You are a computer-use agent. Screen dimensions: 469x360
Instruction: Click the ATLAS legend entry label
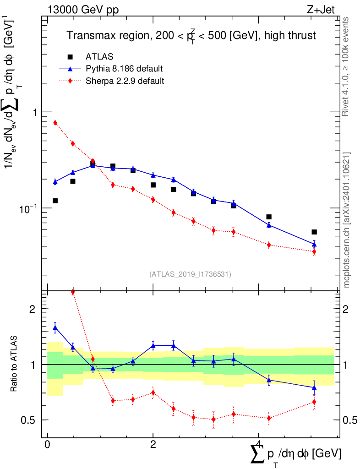point(99,57)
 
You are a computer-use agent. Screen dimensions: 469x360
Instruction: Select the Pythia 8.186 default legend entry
point(124,69)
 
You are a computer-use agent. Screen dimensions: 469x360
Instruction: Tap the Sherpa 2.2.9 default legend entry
point(125,82)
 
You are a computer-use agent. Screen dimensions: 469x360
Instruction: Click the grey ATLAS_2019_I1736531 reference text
point(190,274)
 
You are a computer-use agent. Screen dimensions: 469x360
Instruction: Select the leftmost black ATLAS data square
point(55,201)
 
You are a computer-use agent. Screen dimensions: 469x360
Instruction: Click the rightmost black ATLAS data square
point(314,232)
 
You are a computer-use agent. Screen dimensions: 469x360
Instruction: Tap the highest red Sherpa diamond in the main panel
point(55,123)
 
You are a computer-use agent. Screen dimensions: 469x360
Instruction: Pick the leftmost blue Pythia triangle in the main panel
point(55,182)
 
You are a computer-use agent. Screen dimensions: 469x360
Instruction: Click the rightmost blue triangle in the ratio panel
point(314,387)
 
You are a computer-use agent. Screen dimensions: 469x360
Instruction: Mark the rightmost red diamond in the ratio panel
point(314,402)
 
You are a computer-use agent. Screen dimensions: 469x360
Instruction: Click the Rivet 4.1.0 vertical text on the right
point(347,66)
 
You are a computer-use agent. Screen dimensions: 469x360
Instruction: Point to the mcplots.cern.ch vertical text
point(347,220)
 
